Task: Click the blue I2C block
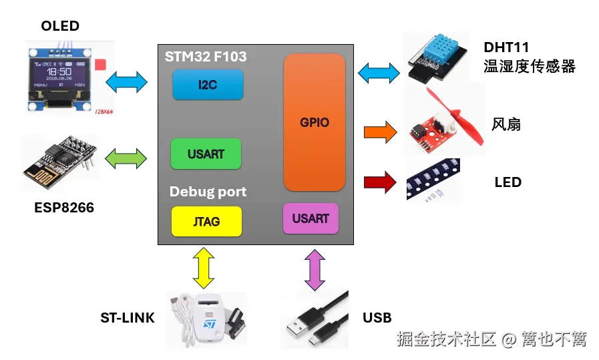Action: tap(208, 85)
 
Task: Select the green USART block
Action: tap(206, 154)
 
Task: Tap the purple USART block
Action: tap(311, 218)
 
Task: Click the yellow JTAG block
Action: tap(206, 221)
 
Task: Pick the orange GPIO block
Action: tap(314, 122)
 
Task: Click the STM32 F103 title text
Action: tap(206, 57)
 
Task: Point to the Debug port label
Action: tap(208, 192)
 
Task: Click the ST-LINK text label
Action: tap(127, 318)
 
